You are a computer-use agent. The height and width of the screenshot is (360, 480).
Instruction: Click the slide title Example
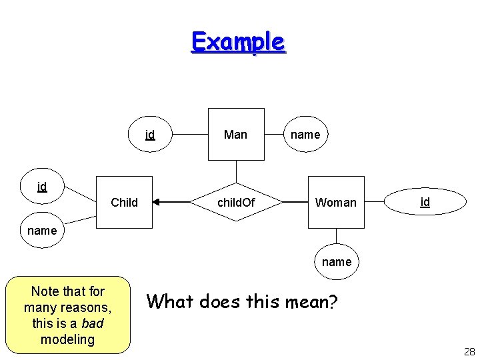[238, 41]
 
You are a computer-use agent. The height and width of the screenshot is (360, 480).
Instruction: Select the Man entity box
[235, 134]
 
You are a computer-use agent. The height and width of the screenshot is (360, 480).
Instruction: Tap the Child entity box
[124, 202]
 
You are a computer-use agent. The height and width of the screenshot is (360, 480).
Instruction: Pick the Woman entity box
[336, 202]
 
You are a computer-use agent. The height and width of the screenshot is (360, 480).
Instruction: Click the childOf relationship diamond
[236, 202]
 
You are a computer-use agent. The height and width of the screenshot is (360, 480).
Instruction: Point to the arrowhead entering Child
[157, 201]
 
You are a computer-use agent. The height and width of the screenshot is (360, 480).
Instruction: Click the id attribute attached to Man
[150, 135]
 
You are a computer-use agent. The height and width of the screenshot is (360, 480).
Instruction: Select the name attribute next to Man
[305, 135]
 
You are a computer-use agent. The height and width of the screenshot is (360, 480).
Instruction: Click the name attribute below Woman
[336, 262]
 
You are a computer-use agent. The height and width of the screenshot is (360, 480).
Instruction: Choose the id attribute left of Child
[42, 187]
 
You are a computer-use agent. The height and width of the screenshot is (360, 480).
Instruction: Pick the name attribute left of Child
[42, 231]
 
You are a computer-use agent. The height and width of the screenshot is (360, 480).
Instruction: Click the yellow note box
[67, 315]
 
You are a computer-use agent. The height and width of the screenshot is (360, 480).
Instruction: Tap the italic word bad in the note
[92, 323]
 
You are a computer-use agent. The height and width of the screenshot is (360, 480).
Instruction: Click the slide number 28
[469, 352]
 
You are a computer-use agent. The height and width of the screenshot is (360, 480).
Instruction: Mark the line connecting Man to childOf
[236, 171]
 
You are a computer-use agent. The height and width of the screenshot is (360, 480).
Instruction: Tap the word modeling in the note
[67, 339]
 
